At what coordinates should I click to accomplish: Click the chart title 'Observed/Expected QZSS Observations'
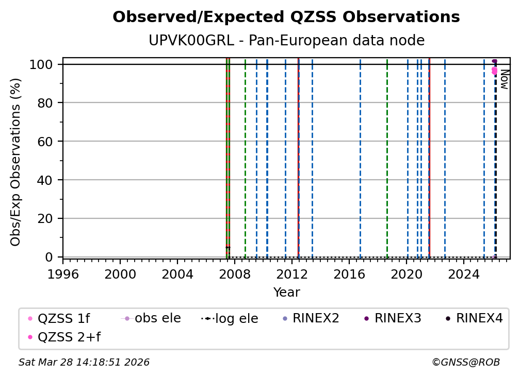tap(286, 18)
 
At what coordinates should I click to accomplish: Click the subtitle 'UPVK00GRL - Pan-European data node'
tap(286, 41)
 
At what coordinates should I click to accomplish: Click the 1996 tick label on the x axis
tap(63, 274)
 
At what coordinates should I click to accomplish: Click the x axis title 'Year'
tap(286, 293)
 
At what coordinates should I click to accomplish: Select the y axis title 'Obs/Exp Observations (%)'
tap(16, 162)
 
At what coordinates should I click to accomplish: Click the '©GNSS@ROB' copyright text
tap(465, 363)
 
